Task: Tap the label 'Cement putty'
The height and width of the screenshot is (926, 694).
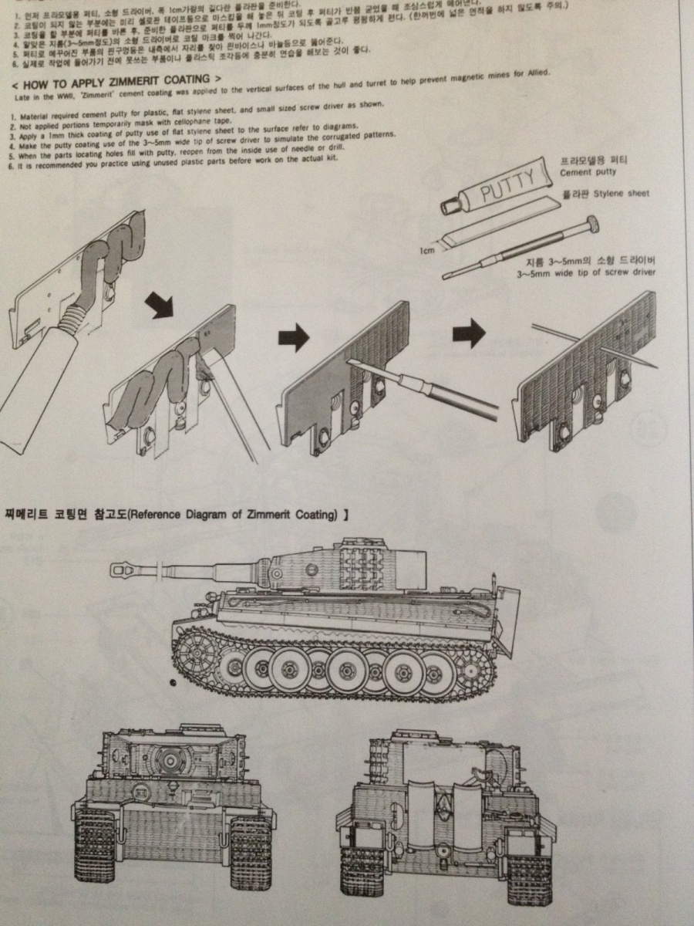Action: (x=590, y=173)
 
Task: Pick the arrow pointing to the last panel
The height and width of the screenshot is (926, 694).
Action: (x=469, y=333)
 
